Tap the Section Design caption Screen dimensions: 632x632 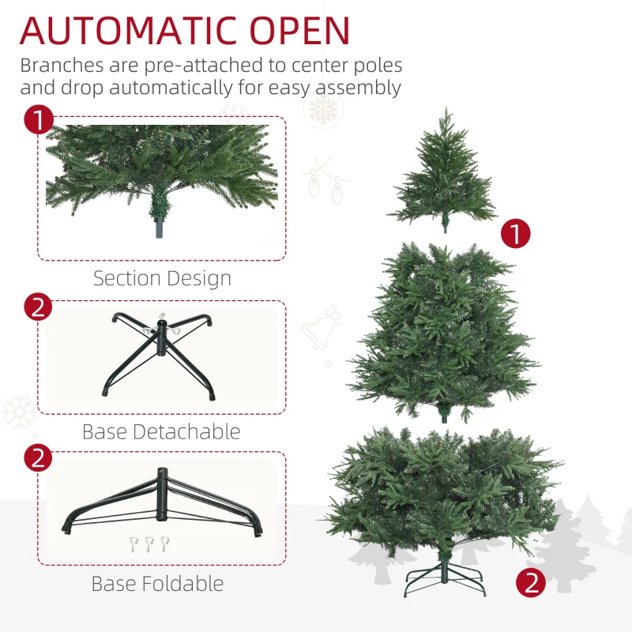(162, 278)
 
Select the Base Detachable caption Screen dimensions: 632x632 (161, 431)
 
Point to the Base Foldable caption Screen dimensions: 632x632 (157, 584)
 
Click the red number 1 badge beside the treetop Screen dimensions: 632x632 (516, 233)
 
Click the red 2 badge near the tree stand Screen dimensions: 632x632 (531, 583)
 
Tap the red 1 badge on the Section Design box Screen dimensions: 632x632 (38, 121)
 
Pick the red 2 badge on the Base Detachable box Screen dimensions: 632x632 (38, 307)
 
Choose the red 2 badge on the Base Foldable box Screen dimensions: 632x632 (38, 458)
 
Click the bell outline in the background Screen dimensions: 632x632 (322, 328)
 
